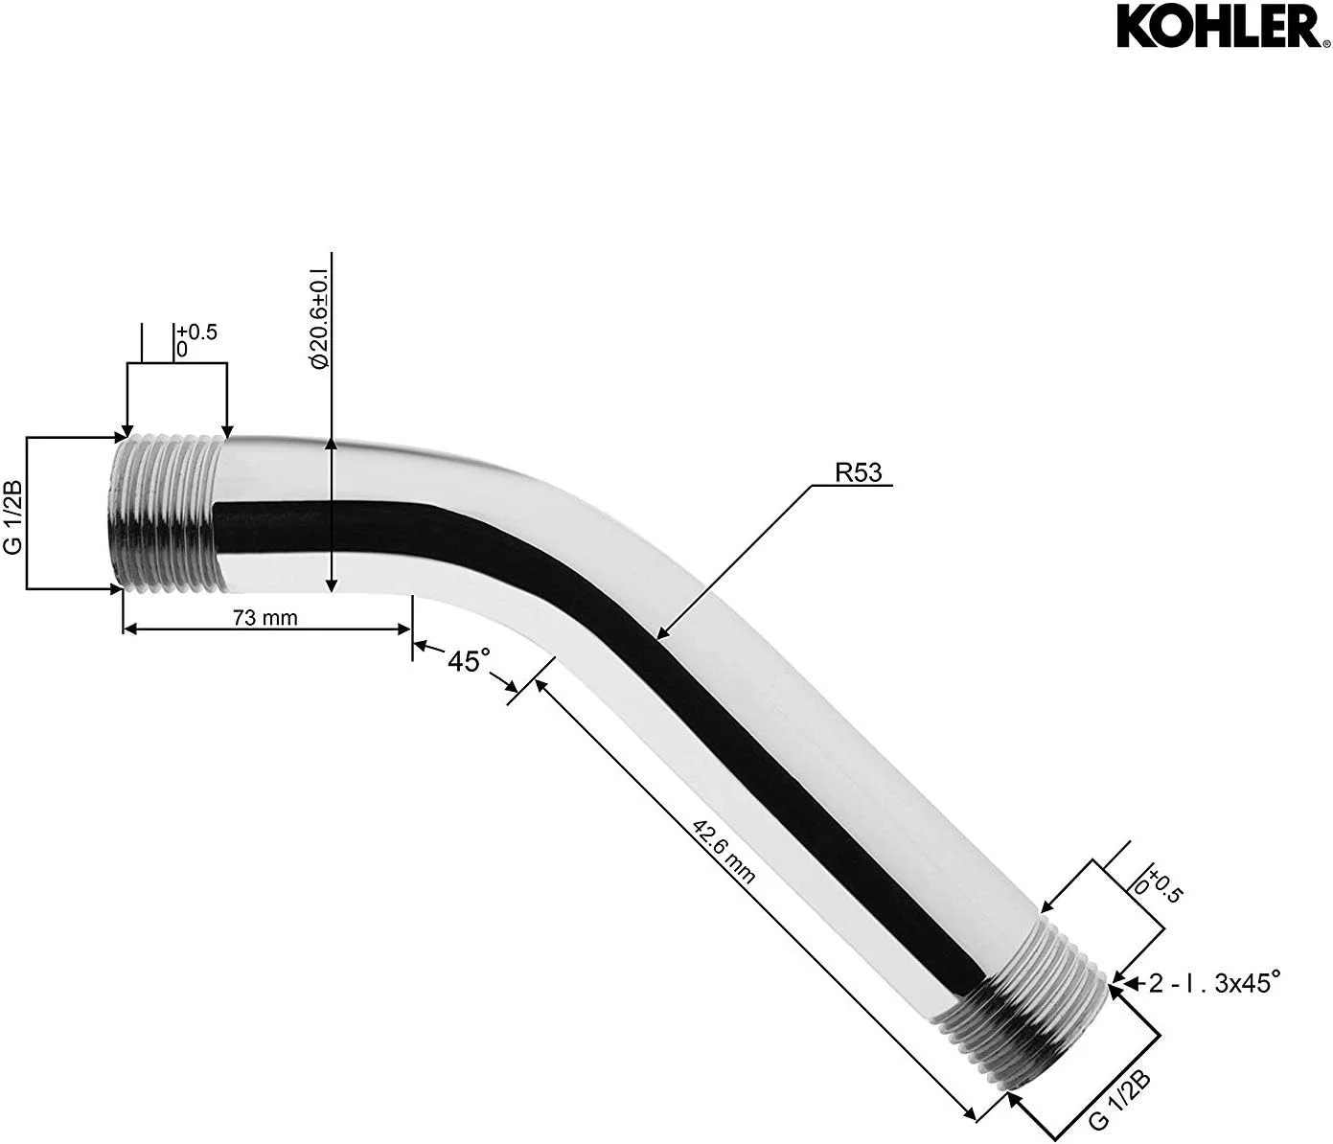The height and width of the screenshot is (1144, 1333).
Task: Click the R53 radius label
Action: pos(858,473)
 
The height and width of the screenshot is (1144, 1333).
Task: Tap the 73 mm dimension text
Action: pos(265,618)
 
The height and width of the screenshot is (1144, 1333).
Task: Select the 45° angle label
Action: pos(469,660)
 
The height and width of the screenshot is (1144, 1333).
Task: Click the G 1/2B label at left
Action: pos(13,513)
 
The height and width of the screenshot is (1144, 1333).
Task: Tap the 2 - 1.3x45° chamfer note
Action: pos(1215,983)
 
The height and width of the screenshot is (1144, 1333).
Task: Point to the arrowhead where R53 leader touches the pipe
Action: pos(660,632)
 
